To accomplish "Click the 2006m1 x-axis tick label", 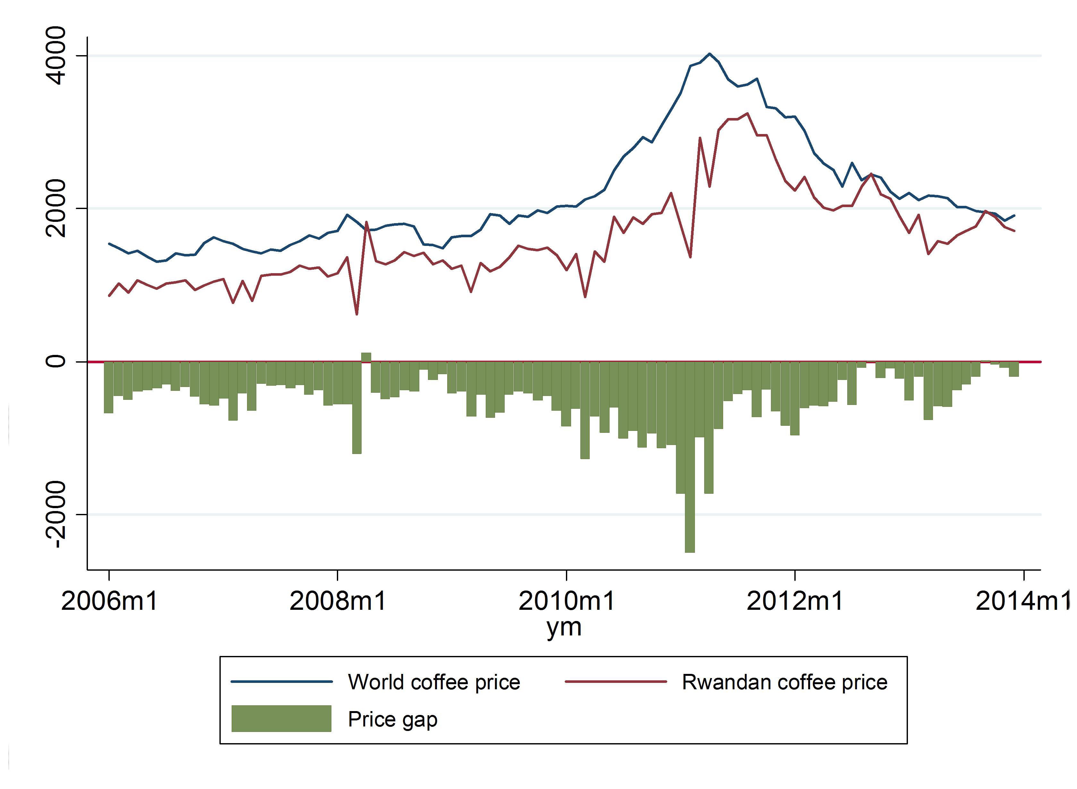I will click(109, 600).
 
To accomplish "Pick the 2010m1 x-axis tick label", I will click(566, 600).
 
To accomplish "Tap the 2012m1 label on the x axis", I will click(795, 600).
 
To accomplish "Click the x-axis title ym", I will click(564, 627).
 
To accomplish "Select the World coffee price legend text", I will click(434, 682).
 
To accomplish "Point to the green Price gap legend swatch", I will click(281, 719).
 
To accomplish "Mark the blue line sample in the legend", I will click(281, 682).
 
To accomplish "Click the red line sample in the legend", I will click(615, 682).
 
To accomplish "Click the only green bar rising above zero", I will click(366, 357).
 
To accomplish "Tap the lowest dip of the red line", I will click(356, 314).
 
